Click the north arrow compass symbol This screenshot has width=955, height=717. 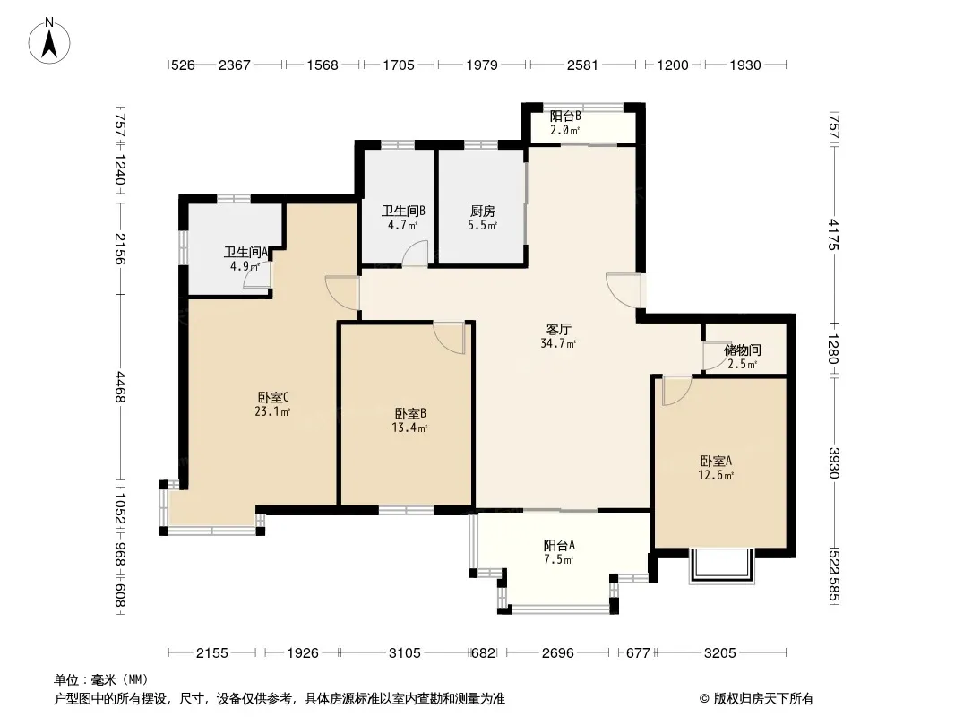[x=49, y=40]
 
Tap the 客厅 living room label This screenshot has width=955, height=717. [x=558, y=330]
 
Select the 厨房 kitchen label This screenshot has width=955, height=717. [x=482, y=212]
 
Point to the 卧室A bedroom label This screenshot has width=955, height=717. [x=716, y=462]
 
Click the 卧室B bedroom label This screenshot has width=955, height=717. [x=410, y=413]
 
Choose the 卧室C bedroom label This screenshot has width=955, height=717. [x=272, y=397]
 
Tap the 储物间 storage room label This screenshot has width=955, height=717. [x=743, y=350]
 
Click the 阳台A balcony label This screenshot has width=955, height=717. [x=559, y=545]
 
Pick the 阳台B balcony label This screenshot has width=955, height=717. [x=565, y=116]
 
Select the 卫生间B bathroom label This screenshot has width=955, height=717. [x=403, y=212]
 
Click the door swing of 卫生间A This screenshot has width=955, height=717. [x=256, y=275]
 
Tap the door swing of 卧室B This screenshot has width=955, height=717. [x=450, y=337]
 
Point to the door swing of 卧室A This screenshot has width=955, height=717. [x=676, y=391]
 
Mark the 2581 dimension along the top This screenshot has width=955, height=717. [x=582, y=65]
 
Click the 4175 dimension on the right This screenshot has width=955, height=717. [x=834, y=235]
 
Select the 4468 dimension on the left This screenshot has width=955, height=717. [x=120, y=387]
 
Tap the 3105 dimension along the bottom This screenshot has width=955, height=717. [x=404, y=653]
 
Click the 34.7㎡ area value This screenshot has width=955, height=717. [x=558, y=344]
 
